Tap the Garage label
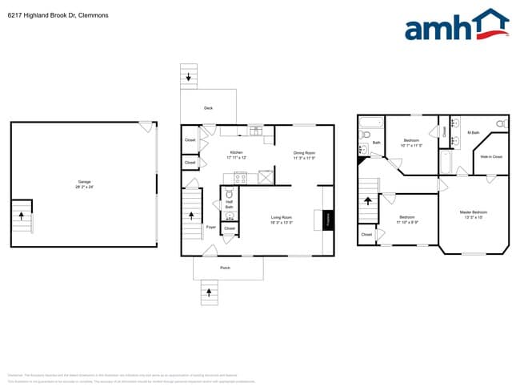(84, 182)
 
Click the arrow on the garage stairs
(22, 216)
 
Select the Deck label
(209, 107)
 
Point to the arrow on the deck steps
(189, 78)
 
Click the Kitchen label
(237, 152)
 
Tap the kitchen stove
(241, 178)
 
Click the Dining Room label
(305, 152)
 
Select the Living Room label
(281, 217)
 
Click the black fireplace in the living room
(327, 219)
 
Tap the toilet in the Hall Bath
(229, 195)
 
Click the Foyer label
(211, 228)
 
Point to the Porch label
(226, 268)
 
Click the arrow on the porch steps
(210, 292)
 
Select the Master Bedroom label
(473, 212)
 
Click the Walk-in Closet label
(491, 157)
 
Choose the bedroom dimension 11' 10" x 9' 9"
(407, 222)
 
